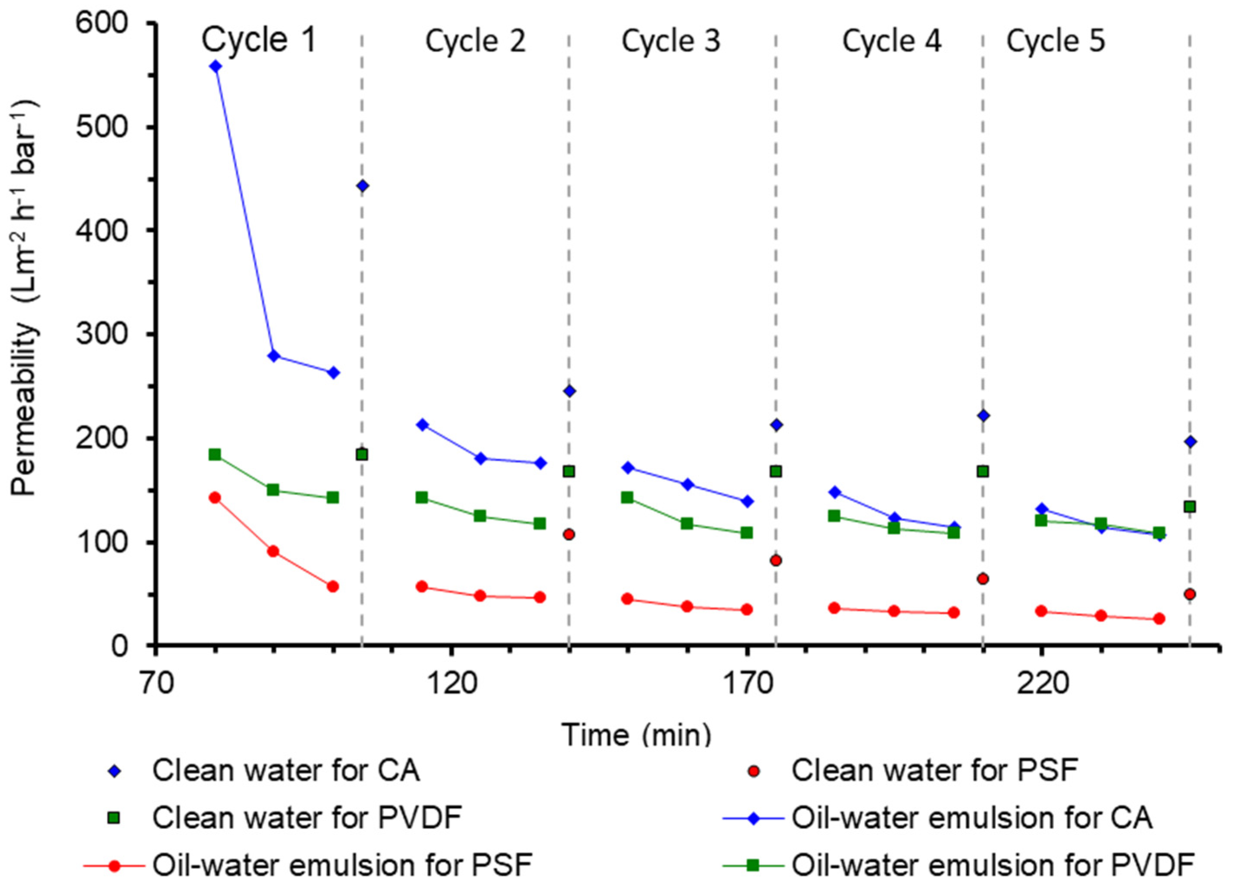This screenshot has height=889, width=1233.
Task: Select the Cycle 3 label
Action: (671, 42)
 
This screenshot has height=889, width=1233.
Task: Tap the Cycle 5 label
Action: (1055, 42)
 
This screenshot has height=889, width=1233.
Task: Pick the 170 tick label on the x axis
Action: (748, 684)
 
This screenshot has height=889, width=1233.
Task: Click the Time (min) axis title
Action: (636, 735)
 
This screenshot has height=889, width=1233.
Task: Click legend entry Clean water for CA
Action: (286, 771)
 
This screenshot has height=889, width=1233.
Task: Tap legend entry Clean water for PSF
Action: (934, 771)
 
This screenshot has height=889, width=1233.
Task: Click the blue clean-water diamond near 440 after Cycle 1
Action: (363, 186)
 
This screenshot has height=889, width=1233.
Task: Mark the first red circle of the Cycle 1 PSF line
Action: (215, 497)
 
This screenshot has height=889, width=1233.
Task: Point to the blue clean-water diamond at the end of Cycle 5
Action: (1189, 442)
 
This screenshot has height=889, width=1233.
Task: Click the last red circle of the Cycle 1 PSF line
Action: (333, 586)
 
